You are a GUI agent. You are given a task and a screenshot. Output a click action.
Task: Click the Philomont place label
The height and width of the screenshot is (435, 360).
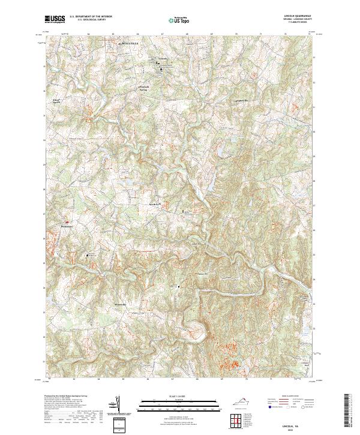tap(67, 226)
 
